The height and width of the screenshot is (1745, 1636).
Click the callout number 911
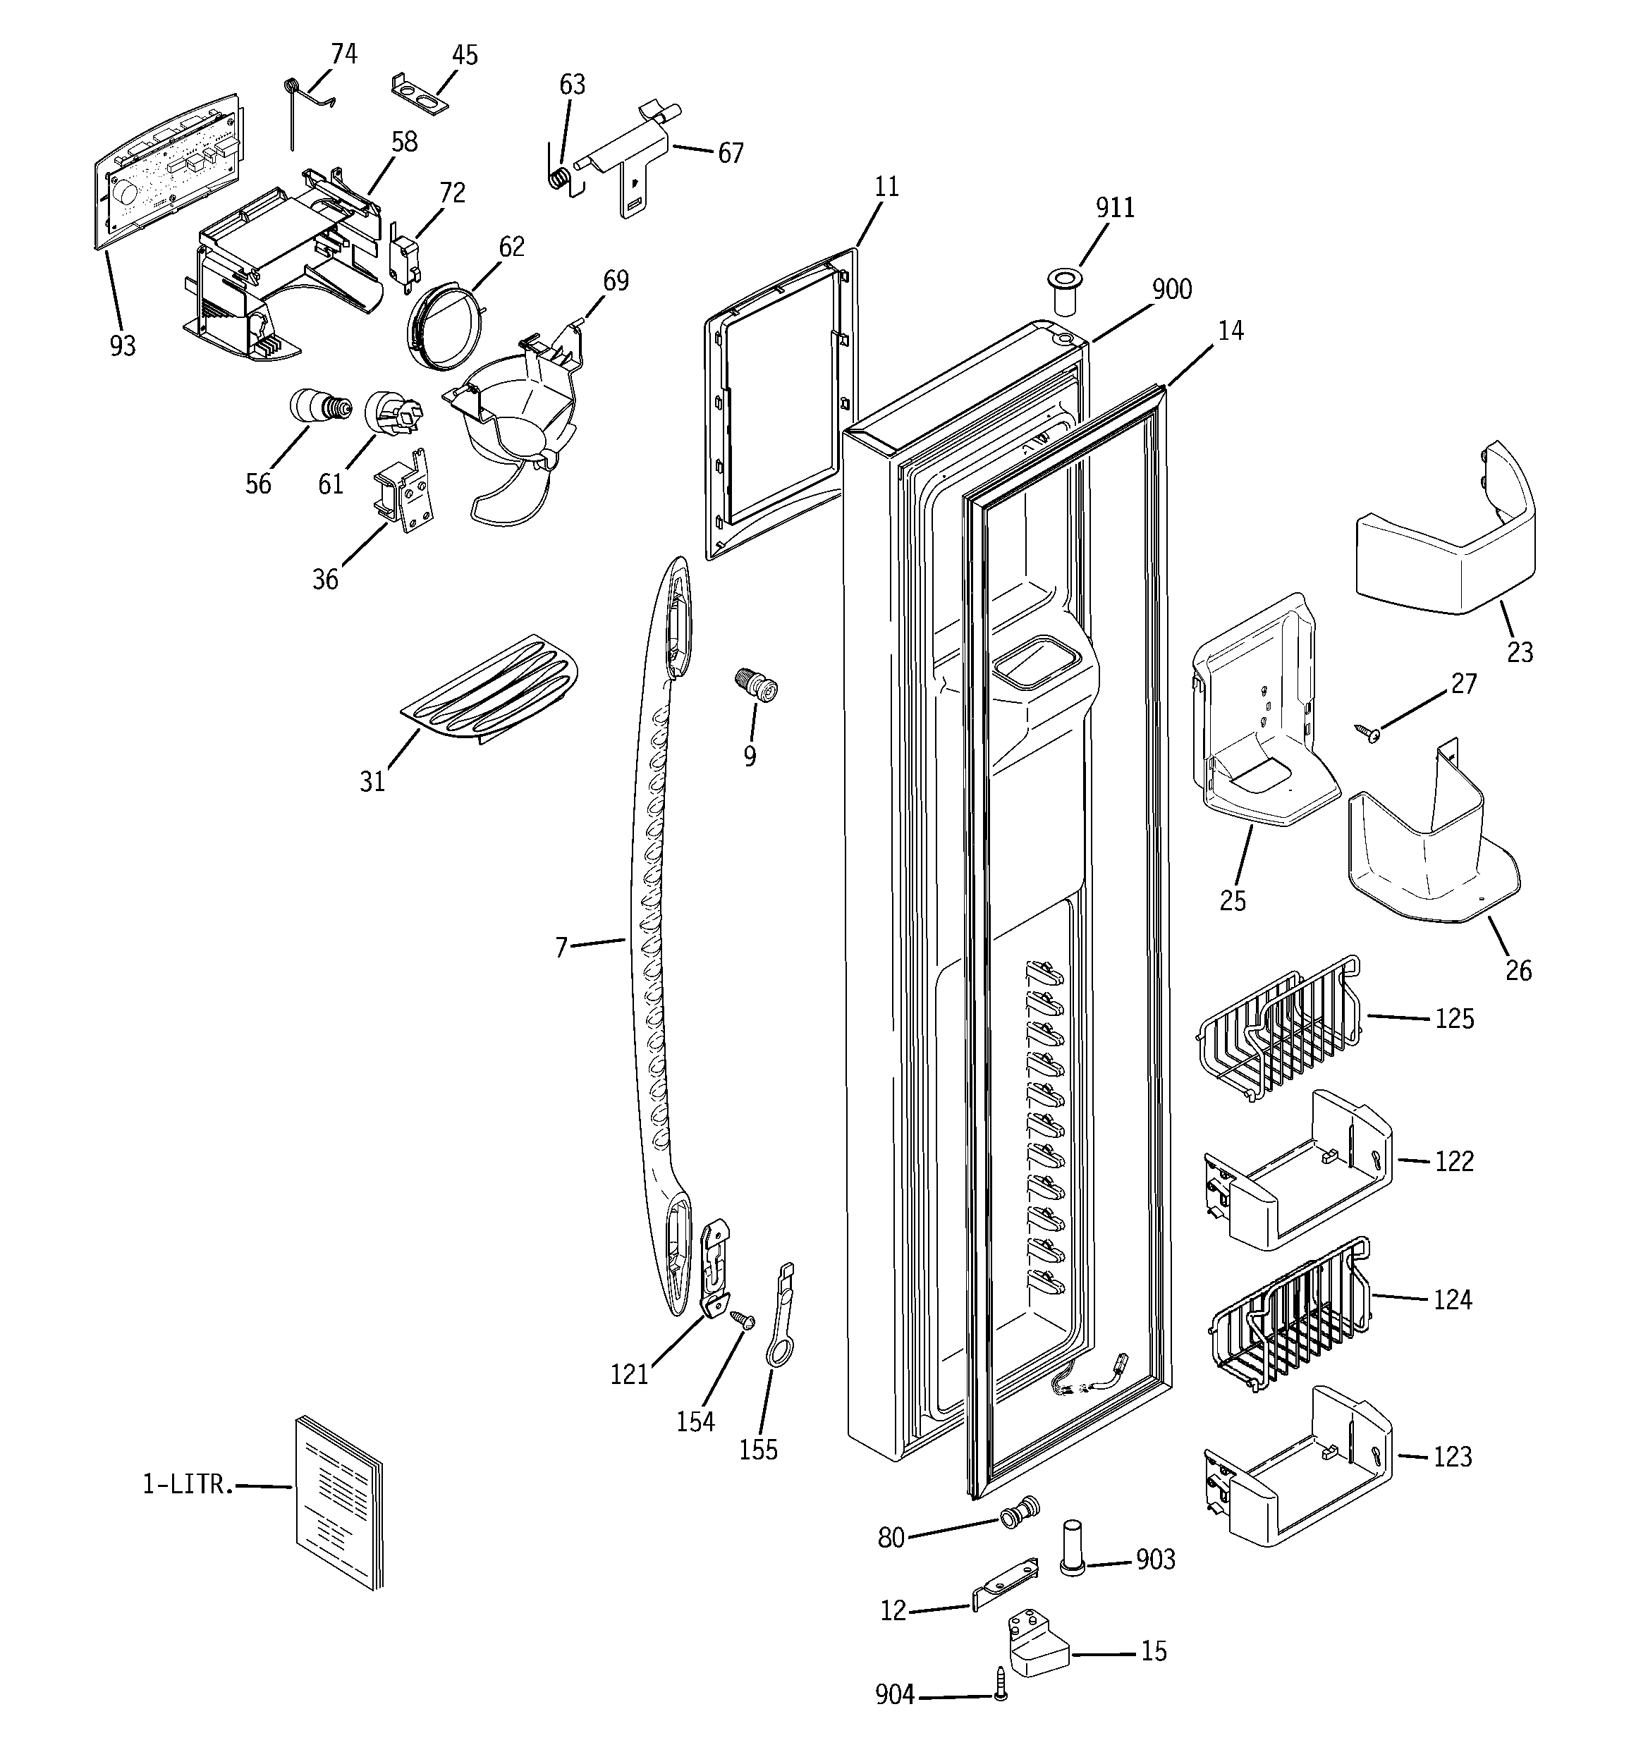pos(1114,208)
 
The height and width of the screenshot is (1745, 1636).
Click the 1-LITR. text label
pos(188,1484)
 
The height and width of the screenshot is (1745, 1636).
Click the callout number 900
pos(1171,290)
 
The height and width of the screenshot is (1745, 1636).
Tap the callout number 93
pos(123,347)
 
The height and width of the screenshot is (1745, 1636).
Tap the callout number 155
pos(758,1449)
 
